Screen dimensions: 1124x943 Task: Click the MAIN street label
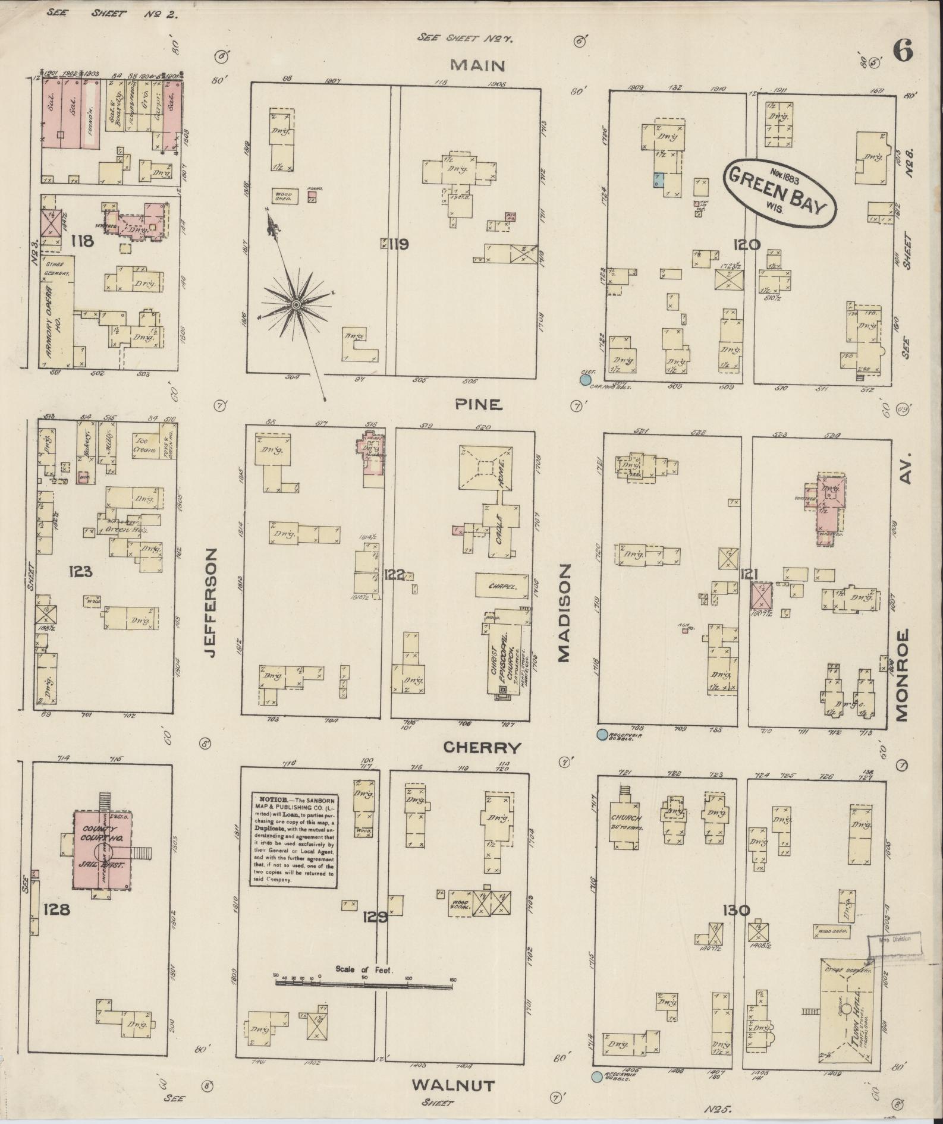477,65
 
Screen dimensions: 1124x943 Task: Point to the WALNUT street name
453,1086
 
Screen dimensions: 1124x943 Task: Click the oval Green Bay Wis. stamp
779,192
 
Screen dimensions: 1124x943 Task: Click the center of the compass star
296,304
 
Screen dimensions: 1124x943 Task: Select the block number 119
397,244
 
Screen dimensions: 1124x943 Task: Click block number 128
56,909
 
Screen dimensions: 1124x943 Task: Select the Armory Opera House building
56,312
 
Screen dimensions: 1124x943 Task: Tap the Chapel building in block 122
501,585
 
